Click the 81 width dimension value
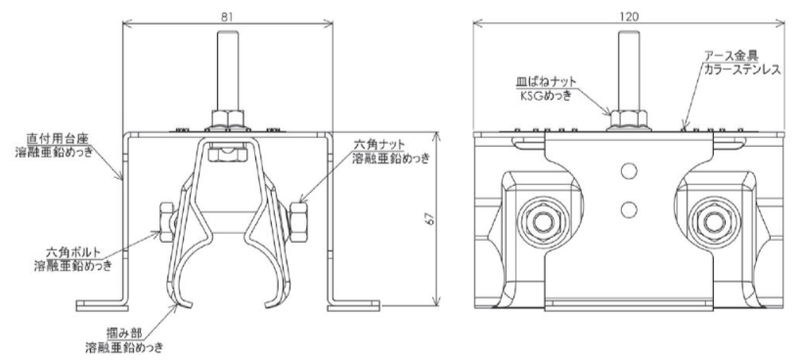[227, 17]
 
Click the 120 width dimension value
[629, 17]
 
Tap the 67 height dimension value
[430, 218]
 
